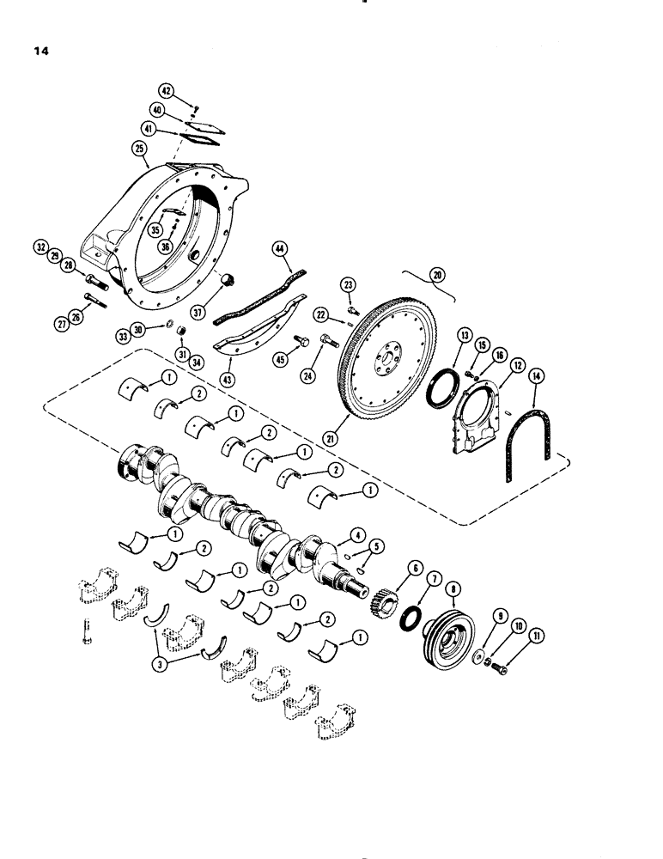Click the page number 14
(x=41, y=51)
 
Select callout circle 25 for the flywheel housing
(x=140, y=149)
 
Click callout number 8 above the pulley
(x=453, y=590)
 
